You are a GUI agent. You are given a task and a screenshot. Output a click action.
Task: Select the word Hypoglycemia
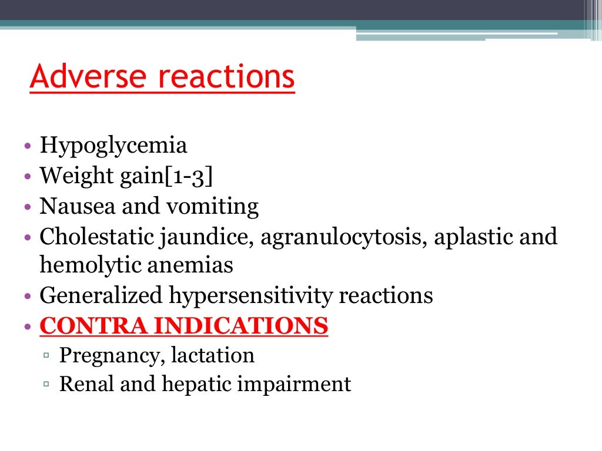113,146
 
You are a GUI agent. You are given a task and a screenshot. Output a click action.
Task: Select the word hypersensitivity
249,295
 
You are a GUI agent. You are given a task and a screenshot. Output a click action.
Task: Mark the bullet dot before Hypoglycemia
29,146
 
